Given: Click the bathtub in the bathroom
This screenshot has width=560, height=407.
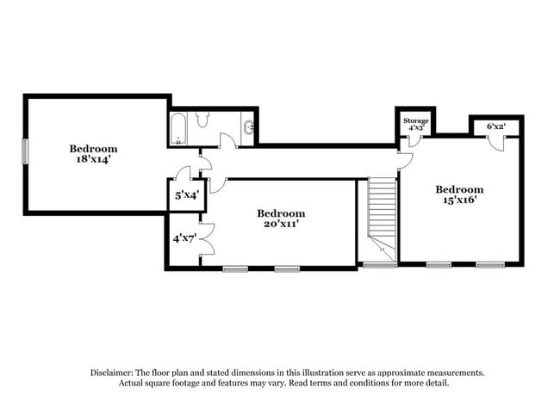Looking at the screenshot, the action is [x=178, y=129].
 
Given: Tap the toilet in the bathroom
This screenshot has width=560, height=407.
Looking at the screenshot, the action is [x=202, y=119].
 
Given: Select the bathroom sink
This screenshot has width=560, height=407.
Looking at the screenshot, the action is [x=249, y=127].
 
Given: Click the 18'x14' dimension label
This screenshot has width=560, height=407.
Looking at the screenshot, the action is [x=92, y=159].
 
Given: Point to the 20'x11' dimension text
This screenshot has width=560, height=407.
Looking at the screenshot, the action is [x=281, y=224].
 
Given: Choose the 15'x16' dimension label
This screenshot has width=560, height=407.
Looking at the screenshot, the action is [x=460, y=200].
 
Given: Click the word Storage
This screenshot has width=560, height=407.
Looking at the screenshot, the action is [x=416, y=120].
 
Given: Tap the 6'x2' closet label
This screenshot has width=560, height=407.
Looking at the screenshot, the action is [x=496, y=126].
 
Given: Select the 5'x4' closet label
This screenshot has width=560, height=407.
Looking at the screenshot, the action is [x=186, y=195].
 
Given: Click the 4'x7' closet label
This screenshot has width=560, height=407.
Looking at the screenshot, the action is [x=184, y=238].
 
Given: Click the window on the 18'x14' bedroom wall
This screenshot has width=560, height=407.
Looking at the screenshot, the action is [x=25, y=151].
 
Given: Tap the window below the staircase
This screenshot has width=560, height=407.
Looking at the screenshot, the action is [x=380, y=265].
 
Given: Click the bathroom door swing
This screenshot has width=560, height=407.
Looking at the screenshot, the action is [x=227, y=140].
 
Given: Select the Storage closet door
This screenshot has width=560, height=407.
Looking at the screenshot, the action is [x=414, y=141].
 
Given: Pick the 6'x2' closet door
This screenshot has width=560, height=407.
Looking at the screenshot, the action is [x=496, y=144].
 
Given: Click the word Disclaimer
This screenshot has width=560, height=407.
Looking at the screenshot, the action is [x=112, y=373].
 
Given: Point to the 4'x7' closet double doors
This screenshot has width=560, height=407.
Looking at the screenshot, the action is [x=208, y=239].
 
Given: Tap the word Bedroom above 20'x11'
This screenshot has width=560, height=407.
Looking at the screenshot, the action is [x=281, y=213].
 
